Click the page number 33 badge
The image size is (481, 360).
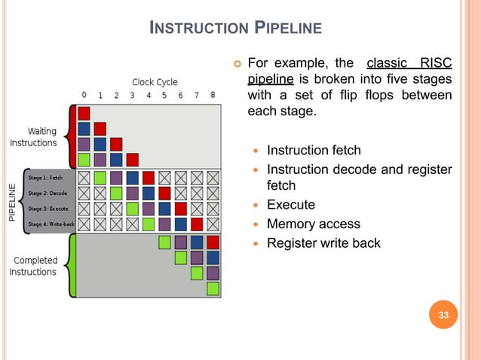[x=443, y=314]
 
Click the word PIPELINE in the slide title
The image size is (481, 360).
[x=281, y=29]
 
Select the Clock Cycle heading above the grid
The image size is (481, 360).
[x=155, y=81]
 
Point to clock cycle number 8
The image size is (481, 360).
[x=213, y=95]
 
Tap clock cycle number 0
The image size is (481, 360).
[x=84, y=95]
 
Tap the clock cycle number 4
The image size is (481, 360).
[x=149, y=95]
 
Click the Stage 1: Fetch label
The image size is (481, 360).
[x=46, y=178]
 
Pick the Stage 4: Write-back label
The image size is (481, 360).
[x=51, y=224]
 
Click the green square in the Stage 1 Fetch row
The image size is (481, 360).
[x=100, y=178]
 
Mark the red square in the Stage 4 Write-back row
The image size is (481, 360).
[x=197, y=224]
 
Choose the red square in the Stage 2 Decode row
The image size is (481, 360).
[x=164, y=193]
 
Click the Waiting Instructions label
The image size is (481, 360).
[x=33, y=138]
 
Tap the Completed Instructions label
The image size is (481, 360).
[x=33, y=266]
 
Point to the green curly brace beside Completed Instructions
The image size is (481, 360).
[x=71, y=265]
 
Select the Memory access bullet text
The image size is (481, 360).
[x=314, y=224]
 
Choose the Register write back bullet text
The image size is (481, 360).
[x=323, y=243]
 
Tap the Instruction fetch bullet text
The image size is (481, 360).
[x=314, y=150]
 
